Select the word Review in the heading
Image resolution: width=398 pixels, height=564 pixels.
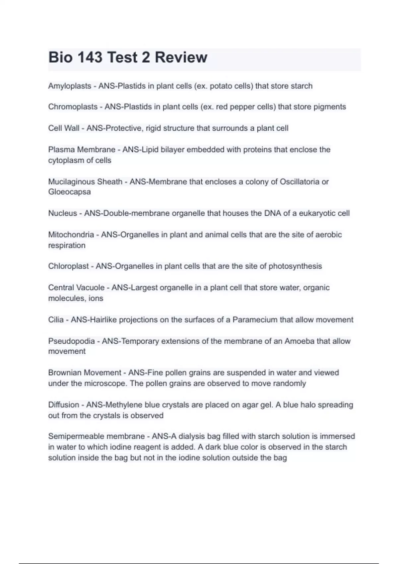coord(181,57)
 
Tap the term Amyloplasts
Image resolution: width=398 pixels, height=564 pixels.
coord(70,86)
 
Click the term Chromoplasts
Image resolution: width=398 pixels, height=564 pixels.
coord(73,107)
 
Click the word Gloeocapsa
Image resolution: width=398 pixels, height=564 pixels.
coord(69,192)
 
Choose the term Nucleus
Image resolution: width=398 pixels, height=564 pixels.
coord(62,213)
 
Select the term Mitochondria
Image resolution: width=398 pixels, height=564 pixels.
coord(71,235)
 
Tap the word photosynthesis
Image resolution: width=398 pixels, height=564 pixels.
coord(295,266)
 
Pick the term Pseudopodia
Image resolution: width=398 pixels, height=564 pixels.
coord(71,341)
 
